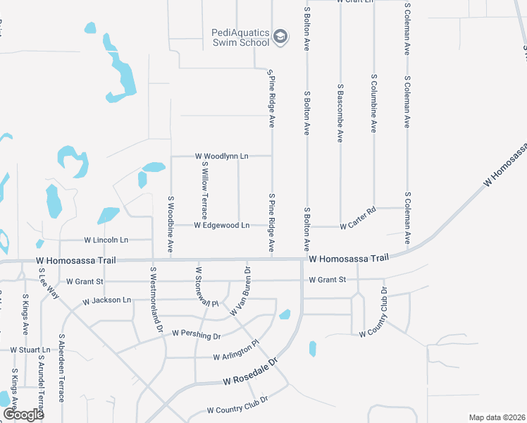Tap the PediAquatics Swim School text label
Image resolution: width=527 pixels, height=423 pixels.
click(240, 37)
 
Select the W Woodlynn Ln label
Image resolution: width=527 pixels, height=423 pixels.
click(222, 155)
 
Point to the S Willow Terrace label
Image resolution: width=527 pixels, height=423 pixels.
click(205, 189)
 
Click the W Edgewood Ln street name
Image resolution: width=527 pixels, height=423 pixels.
click(222, 226)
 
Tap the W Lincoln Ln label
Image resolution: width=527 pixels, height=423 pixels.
click(106, 240)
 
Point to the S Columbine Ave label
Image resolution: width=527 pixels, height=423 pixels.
click(374, 102)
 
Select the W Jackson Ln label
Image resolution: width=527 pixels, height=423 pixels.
click(107, 300)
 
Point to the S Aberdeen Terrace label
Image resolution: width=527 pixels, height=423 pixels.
click(63, 368)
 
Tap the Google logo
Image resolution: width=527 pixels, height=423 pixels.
click(23, 414)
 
